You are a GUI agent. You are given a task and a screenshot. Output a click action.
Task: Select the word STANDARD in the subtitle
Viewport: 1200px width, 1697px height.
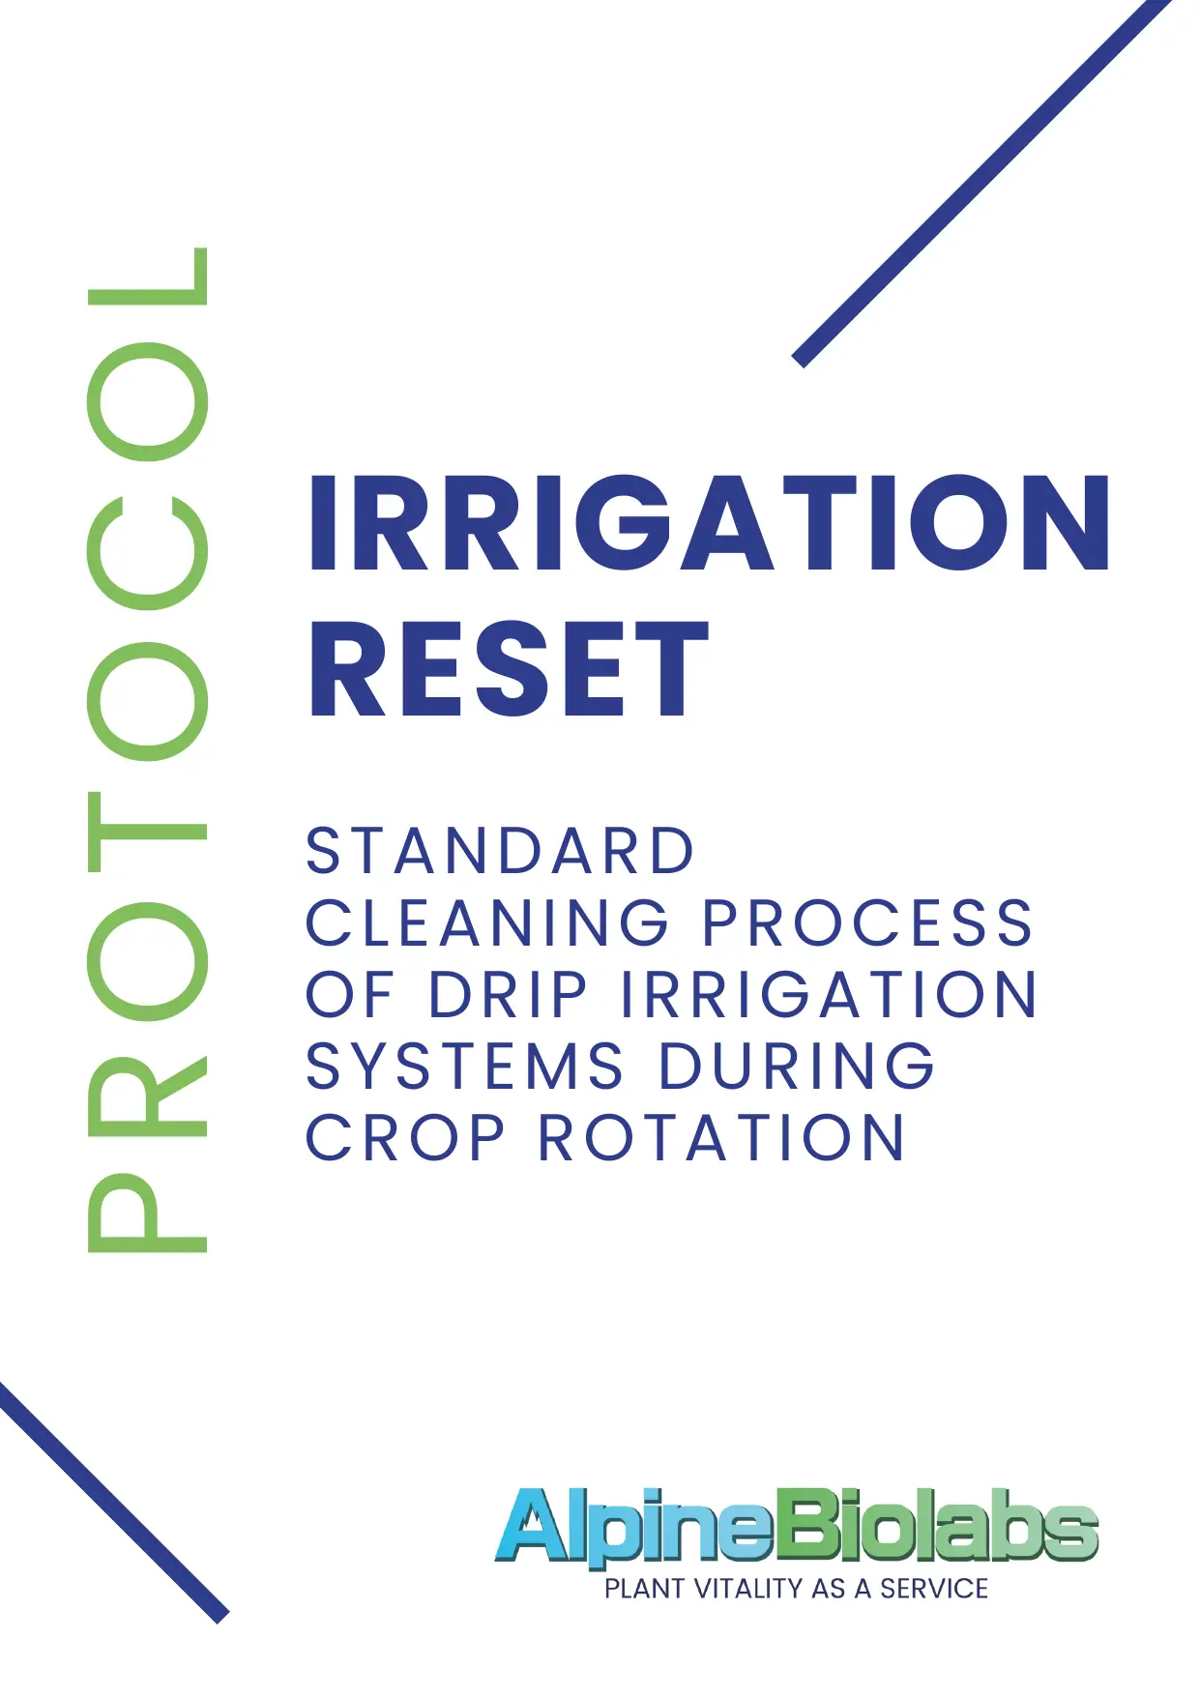(500, 851)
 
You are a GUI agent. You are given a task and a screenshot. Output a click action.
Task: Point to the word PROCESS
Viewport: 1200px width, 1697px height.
(867, 922)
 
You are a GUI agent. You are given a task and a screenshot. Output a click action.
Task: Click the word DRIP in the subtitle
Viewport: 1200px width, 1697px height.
(508, 994)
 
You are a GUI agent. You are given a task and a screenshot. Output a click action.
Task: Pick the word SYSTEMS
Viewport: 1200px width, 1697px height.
(465, 1066)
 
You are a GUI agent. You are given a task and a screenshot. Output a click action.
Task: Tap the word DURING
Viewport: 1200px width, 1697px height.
(797, 1066)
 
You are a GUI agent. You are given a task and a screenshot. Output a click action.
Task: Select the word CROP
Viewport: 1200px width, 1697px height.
(405, 1137)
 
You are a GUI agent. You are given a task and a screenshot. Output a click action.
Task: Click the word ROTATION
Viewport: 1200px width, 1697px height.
(721, 1137)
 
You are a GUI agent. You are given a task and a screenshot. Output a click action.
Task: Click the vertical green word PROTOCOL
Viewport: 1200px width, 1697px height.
(148, 749)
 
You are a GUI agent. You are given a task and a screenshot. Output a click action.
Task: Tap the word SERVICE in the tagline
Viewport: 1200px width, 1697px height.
(933, 1589)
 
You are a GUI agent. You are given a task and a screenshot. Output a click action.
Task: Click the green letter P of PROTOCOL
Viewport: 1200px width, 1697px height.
(148, 1214)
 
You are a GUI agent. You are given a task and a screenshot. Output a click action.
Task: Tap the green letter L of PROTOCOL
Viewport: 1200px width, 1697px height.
(148, 277)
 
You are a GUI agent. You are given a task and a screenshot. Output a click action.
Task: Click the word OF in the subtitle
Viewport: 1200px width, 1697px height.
(350, 994)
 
